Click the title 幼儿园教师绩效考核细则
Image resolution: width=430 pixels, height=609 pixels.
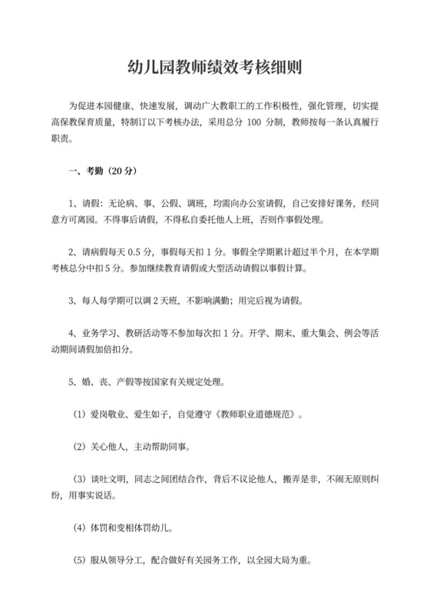tap(214, 67)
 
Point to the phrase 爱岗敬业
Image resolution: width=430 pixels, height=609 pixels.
tap(105, 415)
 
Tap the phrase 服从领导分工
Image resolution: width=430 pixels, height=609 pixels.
tap(115, 562)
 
